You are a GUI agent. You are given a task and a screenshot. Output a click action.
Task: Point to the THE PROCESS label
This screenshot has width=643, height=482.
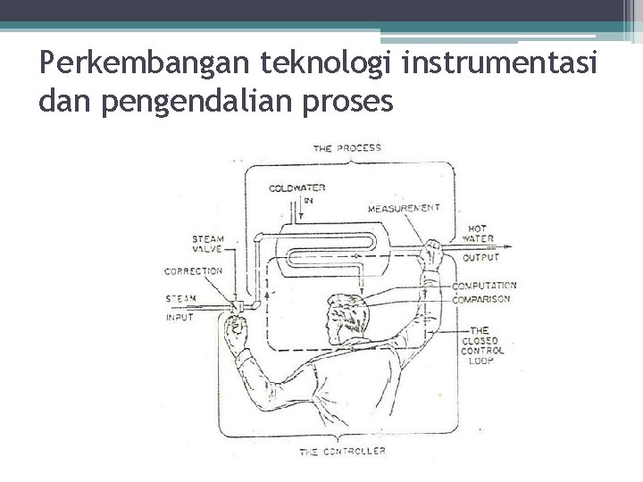point(347,147)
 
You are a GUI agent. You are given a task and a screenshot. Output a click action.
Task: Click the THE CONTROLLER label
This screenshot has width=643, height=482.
point(344,452)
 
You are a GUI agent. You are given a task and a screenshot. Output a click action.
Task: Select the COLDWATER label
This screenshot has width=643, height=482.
point(296,188)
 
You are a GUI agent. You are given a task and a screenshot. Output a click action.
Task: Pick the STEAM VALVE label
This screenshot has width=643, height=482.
point(207,245)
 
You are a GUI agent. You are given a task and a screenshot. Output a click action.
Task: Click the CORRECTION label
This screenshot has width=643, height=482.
point(193,270)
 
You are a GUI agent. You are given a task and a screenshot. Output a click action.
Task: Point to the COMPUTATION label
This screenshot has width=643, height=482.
point(484,287)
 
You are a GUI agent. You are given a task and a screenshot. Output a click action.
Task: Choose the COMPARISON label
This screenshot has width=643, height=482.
point(481,299)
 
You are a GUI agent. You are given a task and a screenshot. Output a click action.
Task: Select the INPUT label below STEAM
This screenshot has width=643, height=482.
point(180,317)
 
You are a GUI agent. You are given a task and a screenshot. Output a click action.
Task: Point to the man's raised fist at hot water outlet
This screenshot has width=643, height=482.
point(433,253)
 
